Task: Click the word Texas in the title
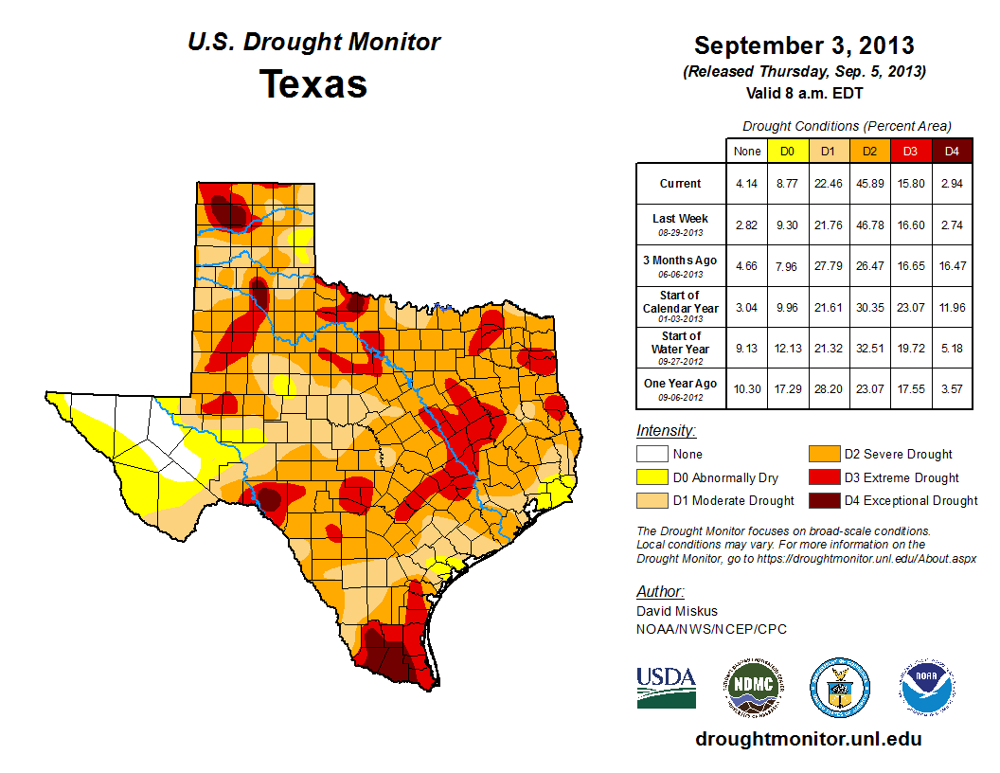tap(313, 84)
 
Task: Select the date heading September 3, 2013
tap(804, 45)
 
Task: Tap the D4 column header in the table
tap(952, 151)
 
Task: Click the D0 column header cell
tap(787, 151)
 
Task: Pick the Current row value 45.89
tap(869, 184)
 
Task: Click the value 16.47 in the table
tap(952, 266)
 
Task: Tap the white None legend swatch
tap(651, 455)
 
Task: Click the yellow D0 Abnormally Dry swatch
tap(651, 477)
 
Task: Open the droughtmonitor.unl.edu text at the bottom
tap(808, 739)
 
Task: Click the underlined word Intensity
tap(666, 431)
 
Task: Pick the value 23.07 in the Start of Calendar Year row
tap(910, 307)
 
